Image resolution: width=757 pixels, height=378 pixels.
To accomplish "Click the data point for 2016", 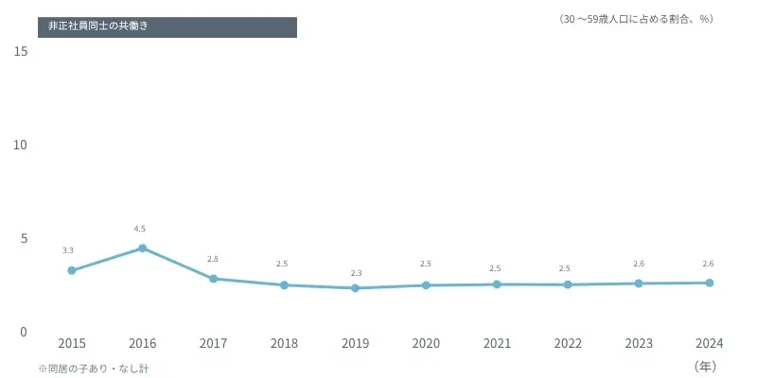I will pos(142,249).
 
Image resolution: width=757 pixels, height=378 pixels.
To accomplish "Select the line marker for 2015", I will pos(71,270).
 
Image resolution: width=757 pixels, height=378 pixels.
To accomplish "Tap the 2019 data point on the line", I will pos(355,288).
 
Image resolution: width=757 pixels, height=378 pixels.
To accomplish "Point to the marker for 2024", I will pos(710,283).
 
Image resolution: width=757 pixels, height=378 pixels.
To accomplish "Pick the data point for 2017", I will pos(213,279).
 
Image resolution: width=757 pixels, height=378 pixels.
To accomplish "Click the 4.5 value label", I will pos(140,229).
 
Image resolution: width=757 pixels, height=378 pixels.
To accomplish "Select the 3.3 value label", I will pos(68,250).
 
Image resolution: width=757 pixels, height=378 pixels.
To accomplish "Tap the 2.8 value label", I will pos(213,259).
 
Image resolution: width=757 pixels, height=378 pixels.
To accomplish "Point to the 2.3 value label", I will pos(356,273).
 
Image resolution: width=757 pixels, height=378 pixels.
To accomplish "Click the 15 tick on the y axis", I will pos(21,52).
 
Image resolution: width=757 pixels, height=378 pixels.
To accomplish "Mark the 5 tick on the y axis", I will pos(24,238).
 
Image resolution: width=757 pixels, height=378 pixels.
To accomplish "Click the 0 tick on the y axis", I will pos(24,332).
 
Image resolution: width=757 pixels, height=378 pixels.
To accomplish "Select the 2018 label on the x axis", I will pos(284,344).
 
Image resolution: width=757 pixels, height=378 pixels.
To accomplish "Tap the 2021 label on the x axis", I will pos(497,344).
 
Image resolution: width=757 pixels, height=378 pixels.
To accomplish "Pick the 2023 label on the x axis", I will pos(639,344).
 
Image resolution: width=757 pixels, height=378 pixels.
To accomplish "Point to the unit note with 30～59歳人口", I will pos(635,19).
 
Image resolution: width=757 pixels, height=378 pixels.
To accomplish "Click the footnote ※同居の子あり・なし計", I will pos(94,369).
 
